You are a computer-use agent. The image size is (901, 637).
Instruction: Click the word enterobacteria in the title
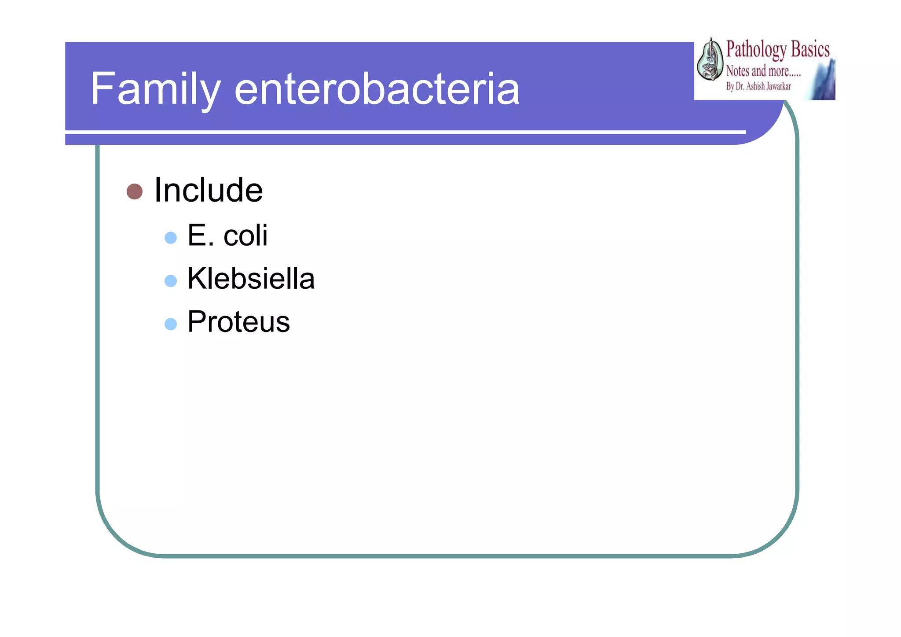click(x=377, y=90)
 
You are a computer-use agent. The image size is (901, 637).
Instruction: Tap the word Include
click(x=209, y=191)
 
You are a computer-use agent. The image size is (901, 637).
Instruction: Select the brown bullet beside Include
click(x=134, y=191)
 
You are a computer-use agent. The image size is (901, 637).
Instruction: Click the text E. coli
click(x=227, y=236)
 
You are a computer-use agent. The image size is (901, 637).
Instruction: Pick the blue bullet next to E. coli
click(x=170, y=238)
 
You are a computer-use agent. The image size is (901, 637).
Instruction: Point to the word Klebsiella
click(x=251, y=279)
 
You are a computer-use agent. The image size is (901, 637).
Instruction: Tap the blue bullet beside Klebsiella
click(x=170, y=281)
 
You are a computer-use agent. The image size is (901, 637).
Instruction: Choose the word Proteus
click(x=238, y=322)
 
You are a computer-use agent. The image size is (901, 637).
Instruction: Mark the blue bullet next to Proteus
click(x=170, y=324)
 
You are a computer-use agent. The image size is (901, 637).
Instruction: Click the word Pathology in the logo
click(x=756, y=50)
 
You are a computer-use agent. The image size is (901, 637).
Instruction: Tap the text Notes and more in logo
click(x=762, y=71)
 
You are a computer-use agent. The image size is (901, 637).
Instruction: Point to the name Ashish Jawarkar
click(x=768, y=86)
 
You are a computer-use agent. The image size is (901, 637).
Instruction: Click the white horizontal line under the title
click(x=405, y=132)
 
